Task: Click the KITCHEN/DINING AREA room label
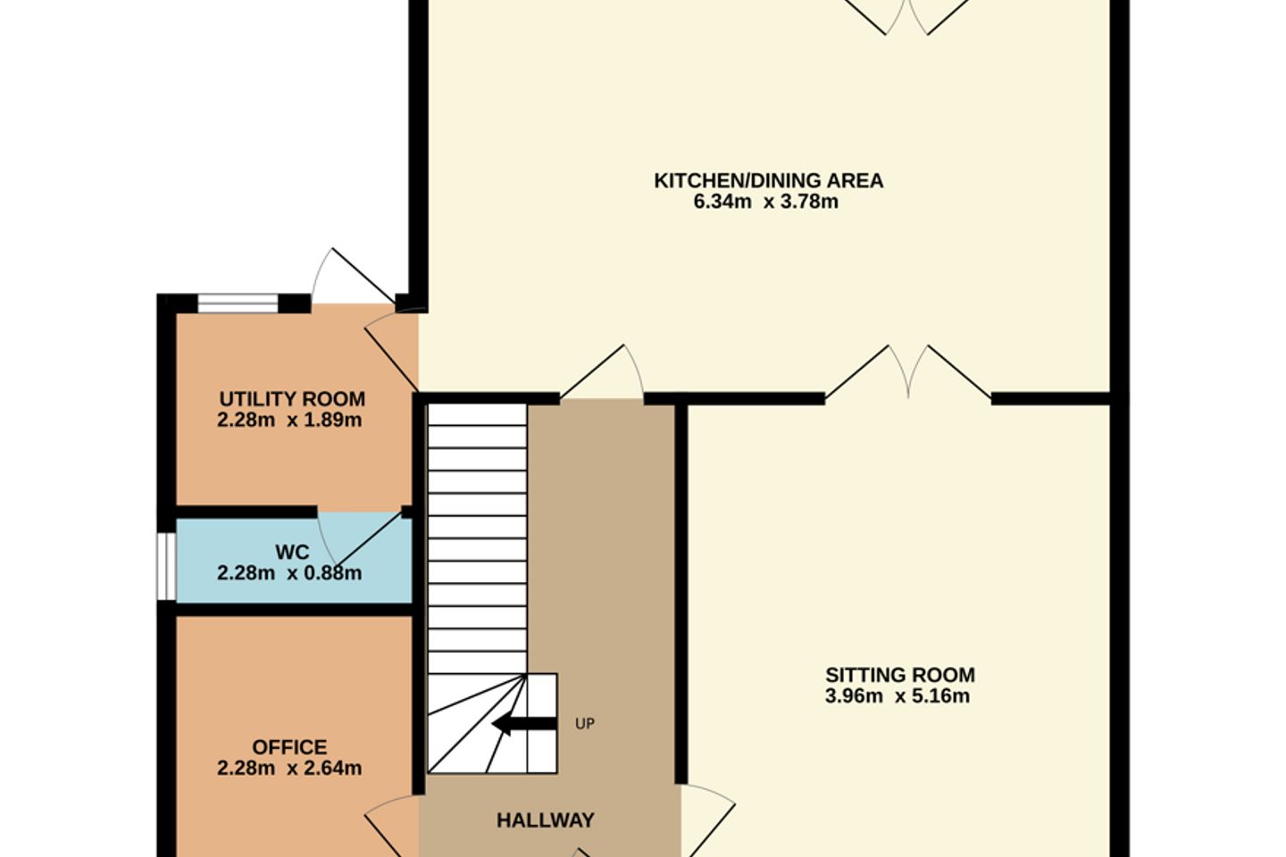768,181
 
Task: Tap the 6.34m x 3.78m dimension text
766,202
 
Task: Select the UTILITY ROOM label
292,399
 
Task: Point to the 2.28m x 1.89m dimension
289,420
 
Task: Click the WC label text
292,553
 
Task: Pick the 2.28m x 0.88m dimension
289,573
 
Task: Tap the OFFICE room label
289,747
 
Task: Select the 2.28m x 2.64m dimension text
289,768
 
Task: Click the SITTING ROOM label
900,675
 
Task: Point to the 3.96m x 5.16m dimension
898,696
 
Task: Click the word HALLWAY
546,820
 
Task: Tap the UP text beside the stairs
584,724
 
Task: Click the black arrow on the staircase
525,724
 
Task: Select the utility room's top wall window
238,304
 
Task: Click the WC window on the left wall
166,567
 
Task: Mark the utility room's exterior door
353,276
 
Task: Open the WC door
360,537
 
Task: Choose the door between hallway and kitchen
602,371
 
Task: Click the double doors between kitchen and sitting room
908,371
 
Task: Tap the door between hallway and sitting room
708,820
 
